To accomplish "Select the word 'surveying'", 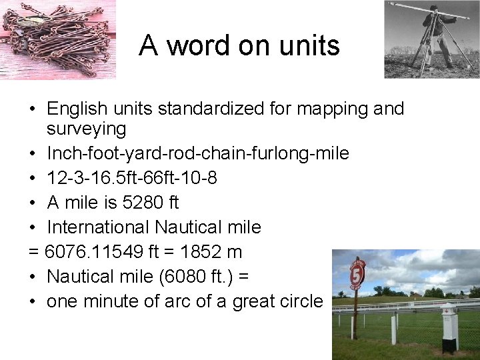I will [x=86, y=129].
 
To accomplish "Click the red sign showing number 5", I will [x=357, y=274].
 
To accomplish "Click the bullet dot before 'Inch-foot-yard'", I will [x=33, y=154].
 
